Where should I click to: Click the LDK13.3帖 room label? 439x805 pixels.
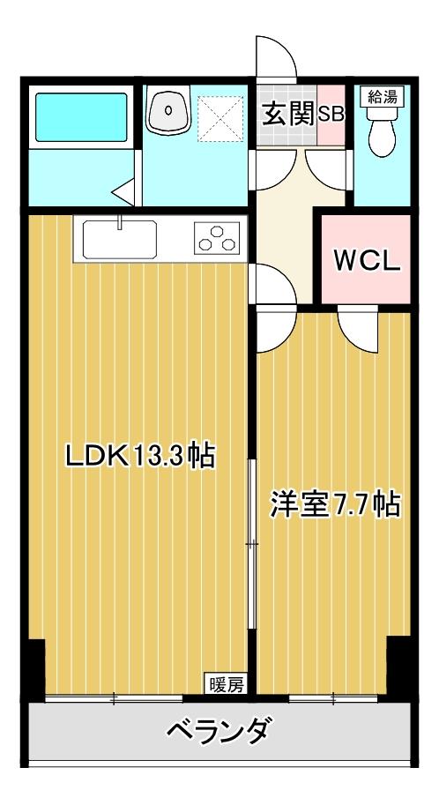pos(141,456)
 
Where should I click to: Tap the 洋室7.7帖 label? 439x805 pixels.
pos(334,504)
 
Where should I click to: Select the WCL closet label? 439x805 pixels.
pos(366,260)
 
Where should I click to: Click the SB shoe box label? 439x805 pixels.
pos(331,115)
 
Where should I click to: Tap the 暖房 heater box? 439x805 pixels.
pos(226,682)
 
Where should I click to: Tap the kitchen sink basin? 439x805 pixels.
pos(120,238)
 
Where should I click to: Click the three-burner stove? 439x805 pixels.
pos(218,239)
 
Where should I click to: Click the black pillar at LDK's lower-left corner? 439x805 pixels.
pos(33,671)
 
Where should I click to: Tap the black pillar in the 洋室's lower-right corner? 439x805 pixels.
pos(398,671)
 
